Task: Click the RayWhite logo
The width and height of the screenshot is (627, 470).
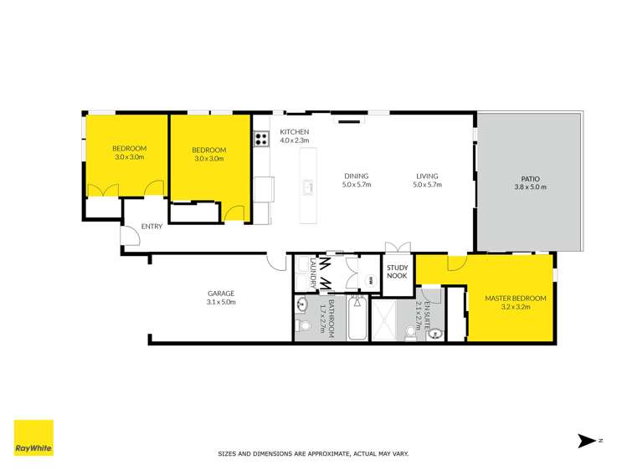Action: click(33, 437)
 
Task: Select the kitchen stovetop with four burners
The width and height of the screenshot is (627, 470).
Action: click(261, 139)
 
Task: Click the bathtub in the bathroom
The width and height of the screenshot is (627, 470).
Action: click(357, 319)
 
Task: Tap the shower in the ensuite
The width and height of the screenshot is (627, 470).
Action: click(388, 319)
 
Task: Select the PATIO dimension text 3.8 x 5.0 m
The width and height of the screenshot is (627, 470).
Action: click(529, 187)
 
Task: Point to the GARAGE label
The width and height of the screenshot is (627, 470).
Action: click(221, 293)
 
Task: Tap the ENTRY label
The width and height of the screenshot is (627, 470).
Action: click(152, 226)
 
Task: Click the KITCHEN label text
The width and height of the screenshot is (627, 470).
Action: click(294, 132)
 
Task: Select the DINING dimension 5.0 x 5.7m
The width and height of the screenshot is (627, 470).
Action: click(357, 184)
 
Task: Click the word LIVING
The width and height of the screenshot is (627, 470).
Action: click(426, 176)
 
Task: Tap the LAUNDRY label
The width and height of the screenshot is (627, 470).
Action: click(312, 273)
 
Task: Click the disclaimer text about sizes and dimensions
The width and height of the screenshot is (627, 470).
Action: click(313, 454)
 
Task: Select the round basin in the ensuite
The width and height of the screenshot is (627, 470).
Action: click(434, 335)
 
